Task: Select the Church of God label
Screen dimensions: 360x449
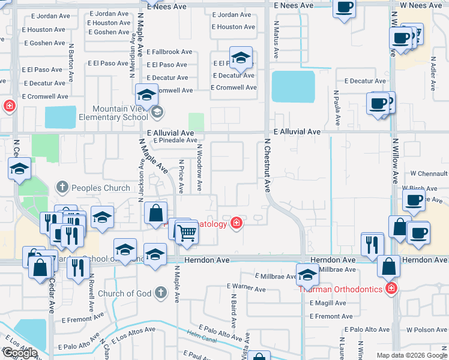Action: [x=124, y=293]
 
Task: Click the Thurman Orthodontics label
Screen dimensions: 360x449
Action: [x=340, y=289]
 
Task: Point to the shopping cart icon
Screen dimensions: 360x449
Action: [x=187, y=232]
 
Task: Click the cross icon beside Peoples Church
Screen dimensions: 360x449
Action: [x=62, y=188]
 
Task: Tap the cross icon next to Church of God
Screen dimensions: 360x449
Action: [x=160, y=293]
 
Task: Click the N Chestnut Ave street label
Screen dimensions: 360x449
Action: [x=267, y=165]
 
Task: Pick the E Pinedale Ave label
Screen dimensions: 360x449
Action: [x=175, y=140]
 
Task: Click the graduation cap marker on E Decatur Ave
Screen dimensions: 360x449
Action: [x=241, y=59]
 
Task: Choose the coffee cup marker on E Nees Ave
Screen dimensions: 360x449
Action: [x=344, y=8]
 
